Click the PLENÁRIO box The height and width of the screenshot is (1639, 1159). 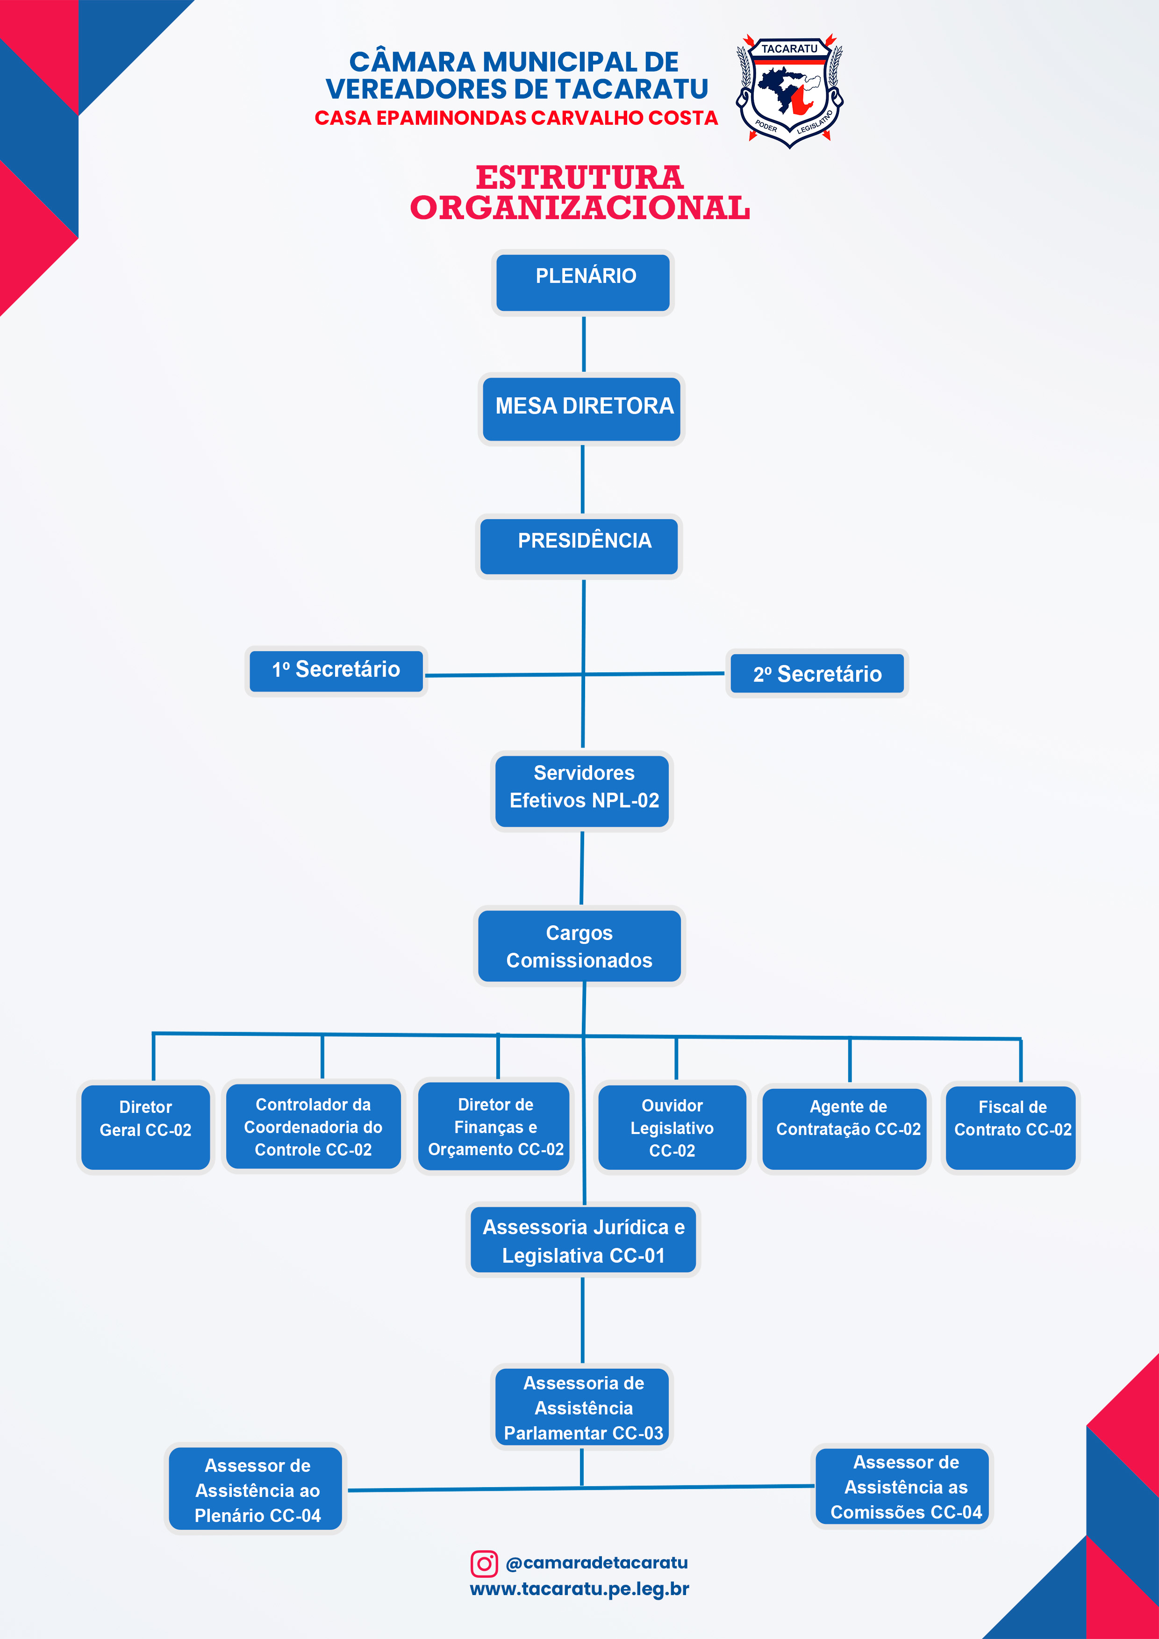coord(583,283)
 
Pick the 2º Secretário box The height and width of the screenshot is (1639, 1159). coord(817,674)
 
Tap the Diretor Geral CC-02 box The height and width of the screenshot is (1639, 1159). coord(146,1126)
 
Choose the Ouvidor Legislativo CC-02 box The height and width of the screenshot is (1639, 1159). coord(672,1128)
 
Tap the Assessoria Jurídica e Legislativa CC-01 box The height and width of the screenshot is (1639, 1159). coord(583,1240)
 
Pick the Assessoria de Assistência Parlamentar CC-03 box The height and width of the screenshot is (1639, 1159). coord(583,1407)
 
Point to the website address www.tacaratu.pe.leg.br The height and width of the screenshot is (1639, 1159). coord(579,1589)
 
